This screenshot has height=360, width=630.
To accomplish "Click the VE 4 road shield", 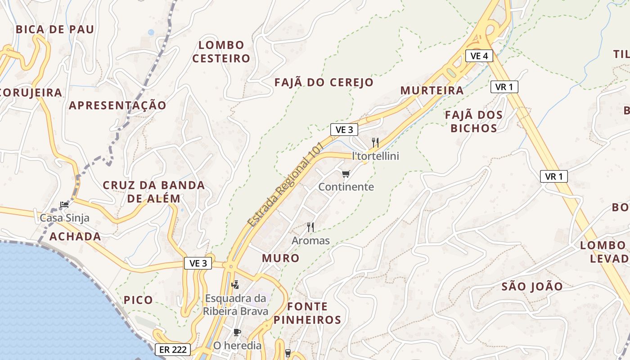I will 479,56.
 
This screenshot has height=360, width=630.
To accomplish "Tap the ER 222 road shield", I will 173,350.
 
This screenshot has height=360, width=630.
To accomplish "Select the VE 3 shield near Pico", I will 198,264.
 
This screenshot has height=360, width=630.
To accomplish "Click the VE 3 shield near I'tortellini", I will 344,130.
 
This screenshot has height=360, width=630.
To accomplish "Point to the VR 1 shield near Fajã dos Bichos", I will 504,87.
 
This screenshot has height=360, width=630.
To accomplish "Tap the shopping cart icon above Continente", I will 346,174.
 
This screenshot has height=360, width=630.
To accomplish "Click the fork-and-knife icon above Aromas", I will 310,227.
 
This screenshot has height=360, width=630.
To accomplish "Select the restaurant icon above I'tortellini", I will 375,143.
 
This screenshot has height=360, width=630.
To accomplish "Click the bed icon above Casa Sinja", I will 65,205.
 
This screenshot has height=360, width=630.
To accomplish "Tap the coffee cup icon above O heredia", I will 237,333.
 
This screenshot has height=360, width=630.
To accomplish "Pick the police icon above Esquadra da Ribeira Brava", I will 235,284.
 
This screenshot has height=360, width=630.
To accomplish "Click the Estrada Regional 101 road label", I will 286,184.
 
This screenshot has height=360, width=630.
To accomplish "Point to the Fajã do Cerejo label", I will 324,82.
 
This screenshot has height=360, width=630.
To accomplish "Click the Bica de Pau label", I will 55,30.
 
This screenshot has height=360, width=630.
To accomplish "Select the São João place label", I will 532,287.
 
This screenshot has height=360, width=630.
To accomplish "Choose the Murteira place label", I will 432,90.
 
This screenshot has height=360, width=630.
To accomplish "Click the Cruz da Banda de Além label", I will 154,192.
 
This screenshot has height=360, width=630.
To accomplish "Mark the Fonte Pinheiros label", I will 307,313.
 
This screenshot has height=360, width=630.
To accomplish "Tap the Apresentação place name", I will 117,105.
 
